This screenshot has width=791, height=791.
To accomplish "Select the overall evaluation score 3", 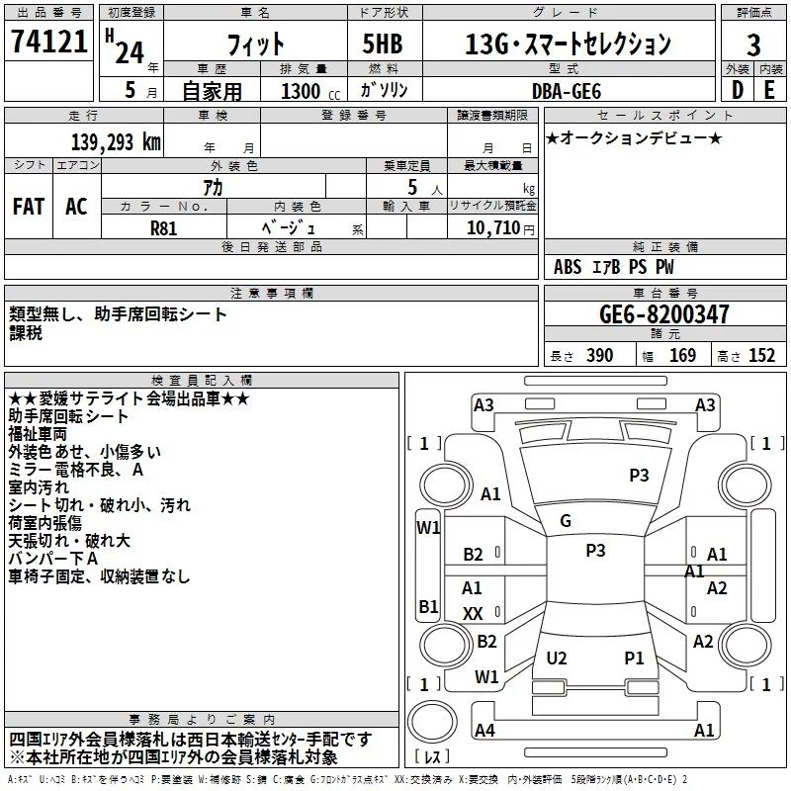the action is point(753,44).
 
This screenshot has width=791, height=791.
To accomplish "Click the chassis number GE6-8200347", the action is point(663,315).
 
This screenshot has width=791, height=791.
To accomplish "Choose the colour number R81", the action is point(164,227).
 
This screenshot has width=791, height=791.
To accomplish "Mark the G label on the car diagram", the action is point(566,521).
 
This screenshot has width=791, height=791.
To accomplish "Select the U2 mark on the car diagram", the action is point(557,658).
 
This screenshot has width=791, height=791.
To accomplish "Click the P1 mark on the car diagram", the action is point(634,658).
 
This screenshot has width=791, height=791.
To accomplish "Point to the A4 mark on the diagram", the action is point(484,731).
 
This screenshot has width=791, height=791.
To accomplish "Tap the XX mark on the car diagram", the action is point(473,614).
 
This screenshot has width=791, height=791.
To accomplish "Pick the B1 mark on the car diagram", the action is point(428,606).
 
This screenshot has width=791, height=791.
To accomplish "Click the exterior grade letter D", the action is point(737,90).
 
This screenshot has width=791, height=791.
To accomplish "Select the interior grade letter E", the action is point(769,90).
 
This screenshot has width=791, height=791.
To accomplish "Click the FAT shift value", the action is point(28,207).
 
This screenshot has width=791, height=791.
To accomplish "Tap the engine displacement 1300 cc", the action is point(302,91).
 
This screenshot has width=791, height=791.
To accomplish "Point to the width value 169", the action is point(682,356).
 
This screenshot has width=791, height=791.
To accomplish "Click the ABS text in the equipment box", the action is point(569,267).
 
